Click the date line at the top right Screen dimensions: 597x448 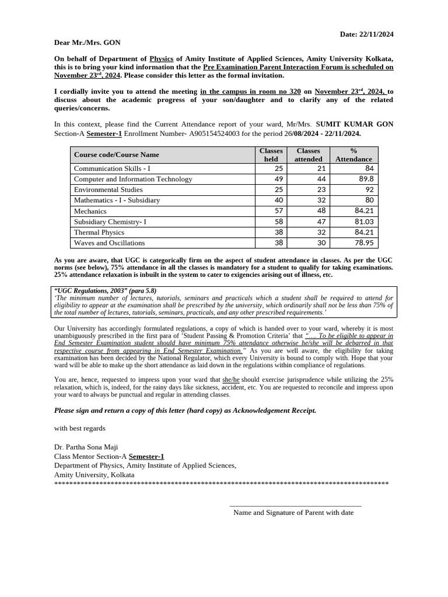(x=366, y=34)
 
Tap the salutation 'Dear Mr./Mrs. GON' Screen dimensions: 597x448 (x=87, y=43)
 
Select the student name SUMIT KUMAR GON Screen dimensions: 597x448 (x=354, y=124)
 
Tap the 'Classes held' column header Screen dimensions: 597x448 (x=271, y=154)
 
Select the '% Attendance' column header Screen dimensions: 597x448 (x=353, y=154)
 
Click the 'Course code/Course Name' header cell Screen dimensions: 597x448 (x=117, y=154)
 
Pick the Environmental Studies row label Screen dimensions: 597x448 (x=108, y=189)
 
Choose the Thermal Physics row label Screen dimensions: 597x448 (x=99, y=232)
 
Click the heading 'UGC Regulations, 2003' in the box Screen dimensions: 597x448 (x=105, y=290)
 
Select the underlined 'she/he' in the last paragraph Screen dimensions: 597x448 (x=231, y=380)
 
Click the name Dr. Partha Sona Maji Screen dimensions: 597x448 (x=86, y=447)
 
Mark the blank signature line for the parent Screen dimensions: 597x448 (x=295, y=505)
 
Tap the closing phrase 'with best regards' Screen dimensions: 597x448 (x=80, y=428)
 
